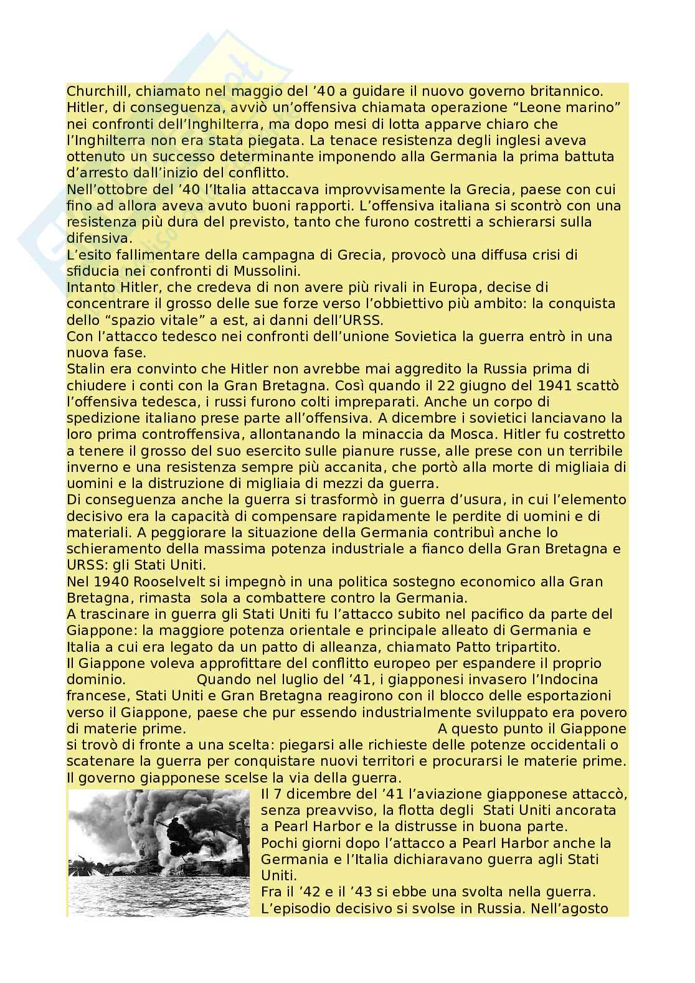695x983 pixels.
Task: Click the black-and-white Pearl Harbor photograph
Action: (x=158, y=852)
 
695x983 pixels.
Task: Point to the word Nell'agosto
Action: (x=569, y=908)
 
